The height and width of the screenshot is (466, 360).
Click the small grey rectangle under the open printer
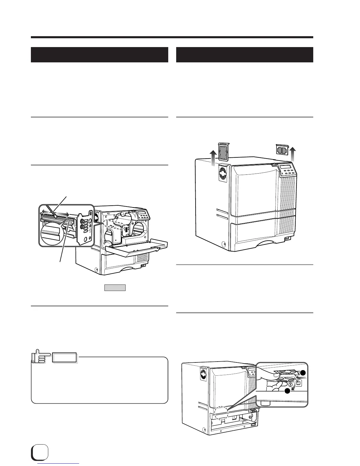pyautogui.click(x=115, y=288)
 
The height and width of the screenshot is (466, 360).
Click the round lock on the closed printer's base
pyautogui.click(x=223, y=244)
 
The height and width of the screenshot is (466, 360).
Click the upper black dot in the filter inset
pyautogui.click(x=302, y=373)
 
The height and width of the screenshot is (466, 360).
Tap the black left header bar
pyautogui.click(x=99, y=55)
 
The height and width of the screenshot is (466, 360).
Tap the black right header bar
pyautogui.click(x=244, y=55)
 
